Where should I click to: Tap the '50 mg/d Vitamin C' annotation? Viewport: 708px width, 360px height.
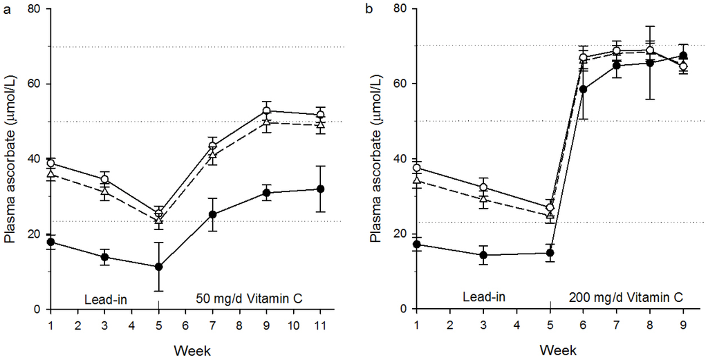click(x=249, y=299)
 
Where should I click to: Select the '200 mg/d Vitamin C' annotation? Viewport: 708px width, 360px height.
click(x=626, y=298)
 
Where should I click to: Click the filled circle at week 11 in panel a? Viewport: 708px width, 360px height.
click(x=320, y=189)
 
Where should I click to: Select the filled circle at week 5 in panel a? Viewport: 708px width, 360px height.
click(x=158, y=267)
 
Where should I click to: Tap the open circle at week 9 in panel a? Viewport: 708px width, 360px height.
click(x=266, y=111)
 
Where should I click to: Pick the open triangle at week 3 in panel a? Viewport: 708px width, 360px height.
click(x=105, y=191)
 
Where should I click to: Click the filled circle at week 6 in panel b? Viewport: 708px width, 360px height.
click(x=583, y=89)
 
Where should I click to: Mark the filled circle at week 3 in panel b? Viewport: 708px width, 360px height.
click(x=483, y=255)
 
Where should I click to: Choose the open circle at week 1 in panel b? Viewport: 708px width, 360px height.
click(x=417, y=168)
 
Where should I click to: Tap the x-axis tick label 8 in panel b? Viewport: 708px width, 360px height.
click(x=650, y=324)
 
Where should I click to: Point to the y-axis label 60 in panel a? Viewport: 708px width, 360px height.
click(x=39, y=84)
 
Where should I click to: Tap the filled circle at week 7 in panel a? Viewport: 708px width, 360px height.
click(x=213, y=215)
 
